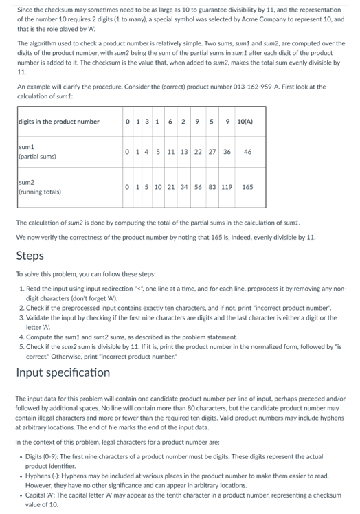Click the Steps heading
point(30,256)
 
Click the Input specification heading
point(63,372)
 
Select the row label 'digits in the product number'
point(59,122)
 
